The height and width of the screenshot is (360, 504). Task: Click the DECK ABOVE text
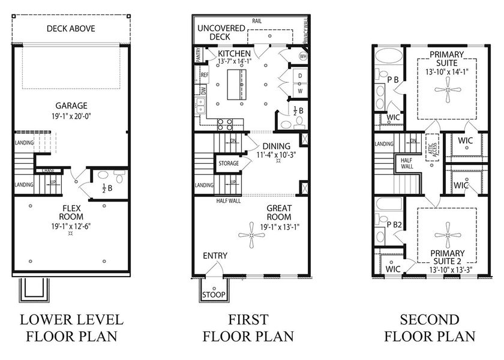coord(71,28)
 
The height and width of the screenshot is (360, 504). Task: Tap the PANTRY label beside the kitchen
coord(198,56)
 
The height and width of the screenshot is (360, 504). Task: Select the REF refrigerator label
coord(205,75)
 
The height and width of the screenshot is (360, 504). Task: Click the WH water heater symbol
coord(303,56)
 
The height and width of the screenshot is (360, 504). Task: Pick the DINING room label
coord(276,146)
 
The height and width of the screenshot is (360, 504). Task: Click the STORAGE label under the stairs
coord(229,163)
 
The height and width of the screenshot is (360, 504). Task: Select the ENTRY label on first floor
coord(215,256)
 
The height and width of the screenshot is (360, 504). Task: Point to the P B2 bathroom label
coord(394,224)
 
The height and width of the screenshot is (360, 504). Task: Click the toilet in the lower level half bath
coord(103,176)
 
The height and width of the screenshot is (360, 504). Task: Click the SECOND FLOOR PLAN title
coord(430,327)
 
